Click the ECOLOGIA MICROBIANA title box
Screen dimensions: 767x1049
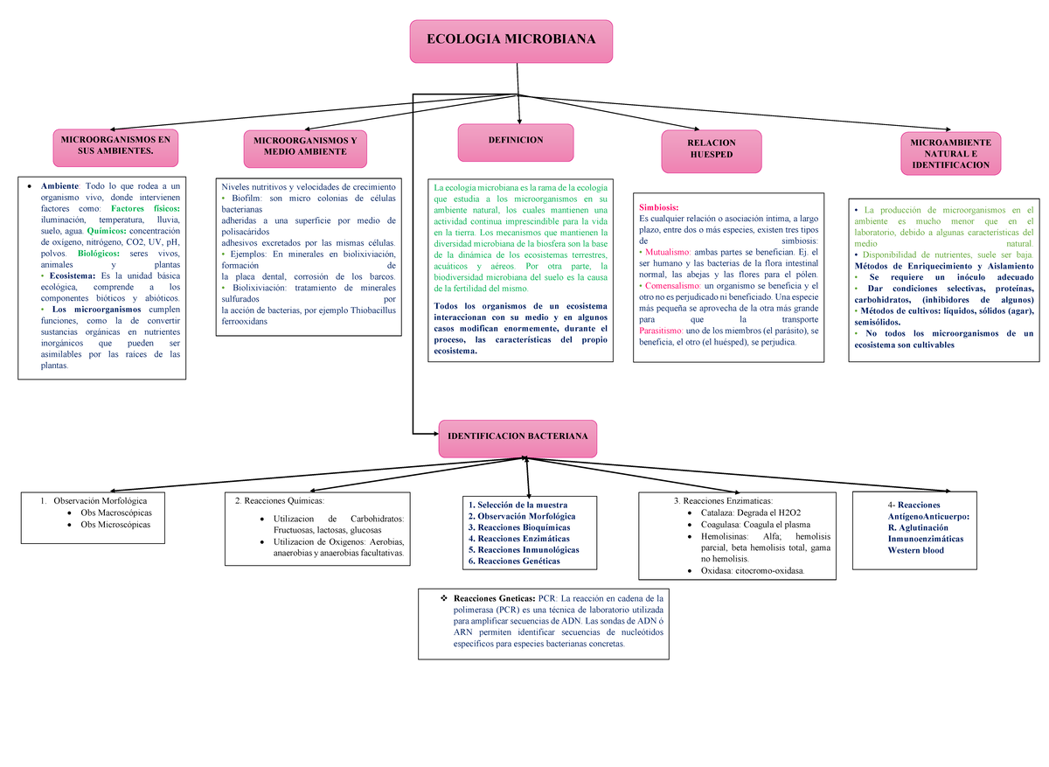click(511, 41)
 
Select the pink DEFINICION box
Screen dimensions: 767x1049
click(516, 141)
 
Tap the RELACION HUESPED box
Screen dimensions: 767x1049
click(711, 149)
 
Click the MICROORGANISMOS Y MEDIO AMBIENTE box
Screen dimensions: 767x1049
click(305, 146)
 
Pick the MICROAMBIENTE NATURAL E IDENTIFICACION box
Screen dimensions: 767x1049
click(949, 153)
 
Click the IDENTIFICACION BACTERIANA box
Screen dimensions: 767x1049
click(518, 436)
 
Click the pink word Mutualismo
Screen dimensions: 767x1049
click(666, 251)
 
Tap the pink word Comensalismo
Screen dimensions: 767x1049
click(672, 286)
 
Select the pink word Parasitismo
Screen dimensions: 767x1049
click(663, 331)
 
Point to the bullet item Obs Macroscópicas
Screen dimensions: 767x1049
click(115, 512)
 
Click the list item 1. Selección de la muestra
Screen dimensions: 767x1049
click(518, 505)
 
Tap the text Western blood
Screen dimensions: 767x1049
click(915, 550)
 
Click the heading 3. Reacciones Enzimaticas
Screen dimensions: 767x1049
click(723, 500)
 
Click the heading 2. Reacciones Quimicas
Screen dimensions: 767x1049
click(279, 500)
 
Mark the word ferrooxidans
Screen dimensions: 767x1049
click(244, 321)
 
